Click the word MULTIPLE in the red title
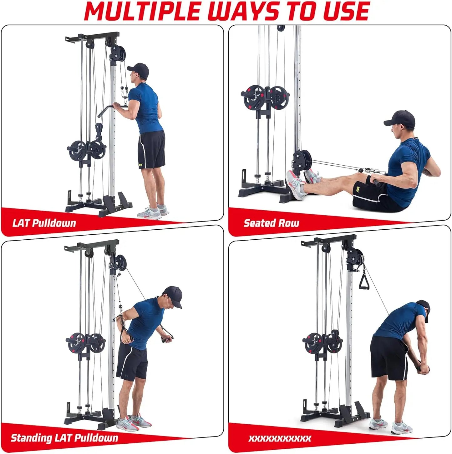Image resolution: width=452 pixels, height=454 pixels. click(x=143, y=11)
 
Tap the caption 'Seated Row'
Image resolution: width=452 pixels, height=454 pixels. click(x=271, y=223)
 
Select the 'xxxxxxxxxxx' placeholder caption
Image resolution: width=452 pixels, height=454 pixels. click(x=280, y=438)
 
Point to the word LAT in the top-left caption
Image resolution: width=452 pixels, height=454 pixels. click(x=21, y=223)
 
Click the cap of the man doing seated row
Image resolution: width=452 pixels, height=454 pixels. click(x=400, y=118)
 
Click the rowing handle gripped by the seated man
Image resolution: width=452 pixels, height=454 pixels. click(x=374, y=181)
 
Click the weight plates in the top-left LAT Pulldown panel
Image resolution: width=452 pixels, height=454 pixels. click(x=86, y=150)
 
